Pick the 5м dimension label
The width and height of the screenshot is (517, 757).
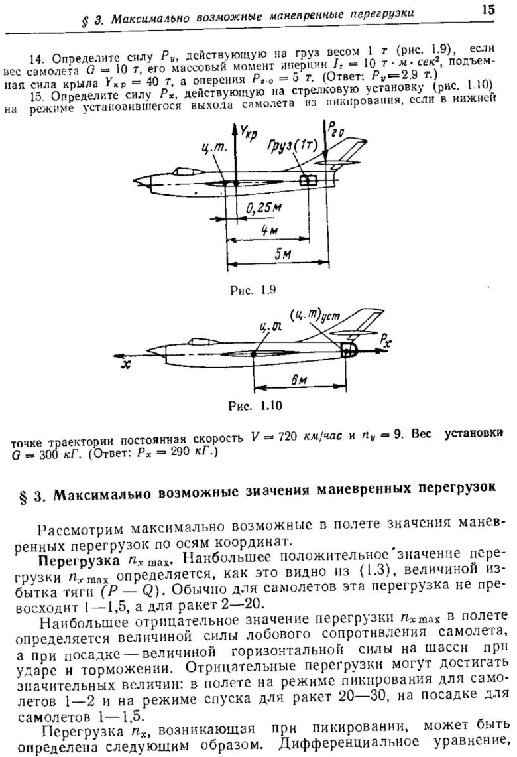coord(284,255)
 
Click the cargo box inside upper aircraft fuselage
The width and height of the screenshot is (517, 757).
coord(306,181)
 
